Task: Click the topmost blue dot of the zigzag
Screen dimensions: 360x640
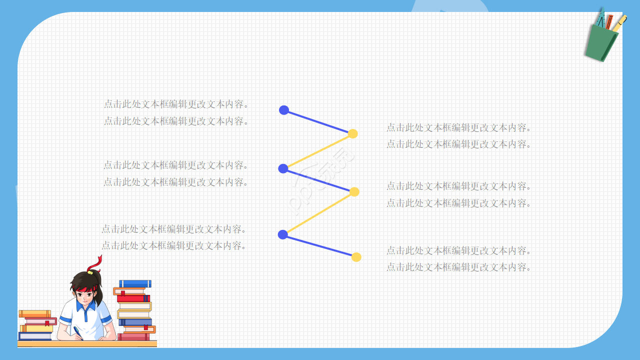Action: [284, 110]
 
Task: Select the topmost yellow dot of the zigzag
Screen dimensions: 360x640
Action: [352, 133]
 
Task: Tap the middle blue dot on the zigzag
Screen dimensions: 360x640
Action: [283, 168]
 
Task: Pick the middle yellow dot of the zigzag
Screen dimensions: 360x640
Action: [354, 191]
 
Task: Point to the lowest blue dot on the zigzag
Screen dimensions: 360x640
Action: [282, 234]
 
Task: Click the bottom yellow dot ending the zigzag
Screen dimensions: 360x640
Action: [356, 257]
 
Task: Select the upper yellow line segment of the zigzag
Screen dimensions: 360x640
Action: [318, 151]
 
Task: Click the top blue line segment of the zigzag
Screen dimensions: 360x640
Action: [318, 121]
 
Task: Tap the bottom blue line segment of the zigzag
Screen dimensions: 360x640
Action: [319, 245]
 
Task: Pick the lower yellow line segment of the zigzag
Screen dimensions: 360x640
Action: [318, 213]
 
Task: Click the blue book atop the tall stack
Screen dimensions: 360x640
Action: [135, 283]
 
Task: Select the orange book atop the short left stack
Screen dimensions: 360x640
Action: [34, 313]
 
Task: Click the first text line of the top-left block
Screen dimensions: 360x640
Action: [176, 104]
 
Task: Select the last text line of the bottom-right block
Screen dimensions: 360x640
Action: [458, 267]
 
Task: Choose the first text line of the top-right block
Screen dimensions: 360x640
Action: [458, 127]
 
